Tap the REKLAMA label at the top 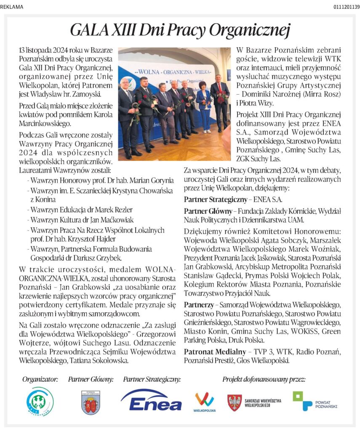[x=12, y=7]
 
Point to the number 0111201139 [x=347, y=7]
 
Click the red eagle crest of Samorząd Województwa [x=234, y=402]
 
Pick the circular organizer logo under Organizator [x=40, y=401]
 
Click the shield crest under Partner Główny [x=91, y=402]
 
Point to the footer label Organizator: [x=40, y=379]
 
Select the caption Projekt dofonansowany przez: [x=264, y=379]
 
